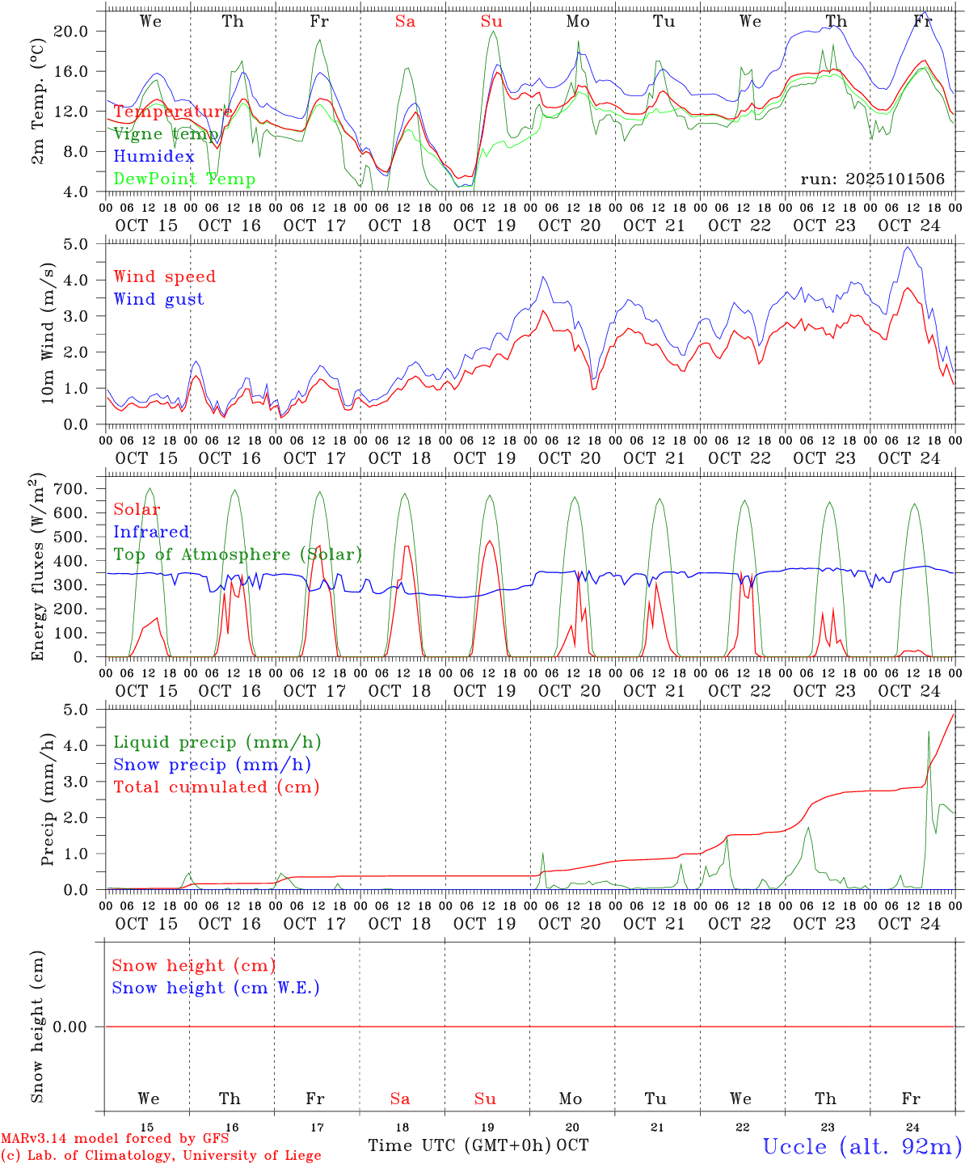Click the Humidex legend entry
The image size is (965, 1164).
tap(154, 157)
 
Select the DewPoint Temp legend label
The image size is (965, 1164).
tap(184, 179)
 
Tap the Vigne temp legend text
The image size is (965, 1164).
tap(166, 134)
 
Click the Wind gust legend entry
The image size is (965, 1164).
tap(158, 299)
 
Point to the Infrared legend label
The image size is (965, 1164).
tap(151, 532)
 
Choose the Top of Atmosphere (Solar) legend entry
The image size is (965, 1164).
tap(238, 555)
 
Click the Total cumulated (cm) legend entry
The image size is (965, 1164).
tap(216, 787)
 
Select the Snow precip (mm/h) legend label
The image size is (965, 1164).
tap(212, 765)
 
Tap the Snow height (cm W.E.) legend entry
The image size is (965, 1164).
tap(216, 988)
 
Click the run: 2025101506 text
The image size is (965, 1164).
tap(872, 179)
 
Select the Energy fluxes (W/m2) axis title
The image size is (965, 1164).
tap(38, 567)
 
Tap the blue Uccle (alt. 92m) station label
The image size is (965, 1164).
tap(862, 1146)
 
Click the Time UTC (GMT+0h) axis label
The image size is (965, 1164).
tap(459, 1145)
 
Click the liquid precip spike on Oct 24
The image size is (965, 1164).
tap(929, 732)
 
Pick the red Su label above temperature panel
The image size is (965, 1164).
tap(491, 22)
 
